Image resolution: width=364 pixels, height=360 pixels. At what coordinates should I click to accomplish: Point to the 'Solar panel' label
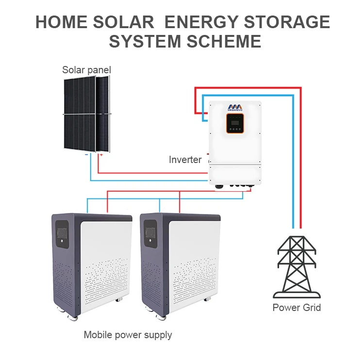tap(86, 70)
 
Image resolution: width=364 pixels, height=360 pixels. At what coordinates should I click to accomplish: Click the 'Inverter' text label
tap(185, 160)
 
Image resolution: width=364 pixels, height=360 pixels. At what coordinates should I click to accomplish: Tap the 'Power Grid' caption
tap(297, 307)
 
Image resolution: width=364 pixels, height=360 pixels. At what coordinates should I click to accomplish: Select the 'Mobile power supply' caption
tap(128, 334)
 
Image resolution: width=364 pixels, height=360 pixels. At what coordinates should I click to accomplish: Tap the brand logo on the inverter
tap(235, 108)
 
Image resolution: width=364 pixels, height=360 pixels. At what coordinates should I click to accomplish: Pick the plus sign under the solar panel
tap(101, 155)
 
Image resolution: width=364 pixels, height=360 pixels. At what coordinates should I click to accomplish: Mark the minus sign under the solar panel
tap(86, 155)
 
